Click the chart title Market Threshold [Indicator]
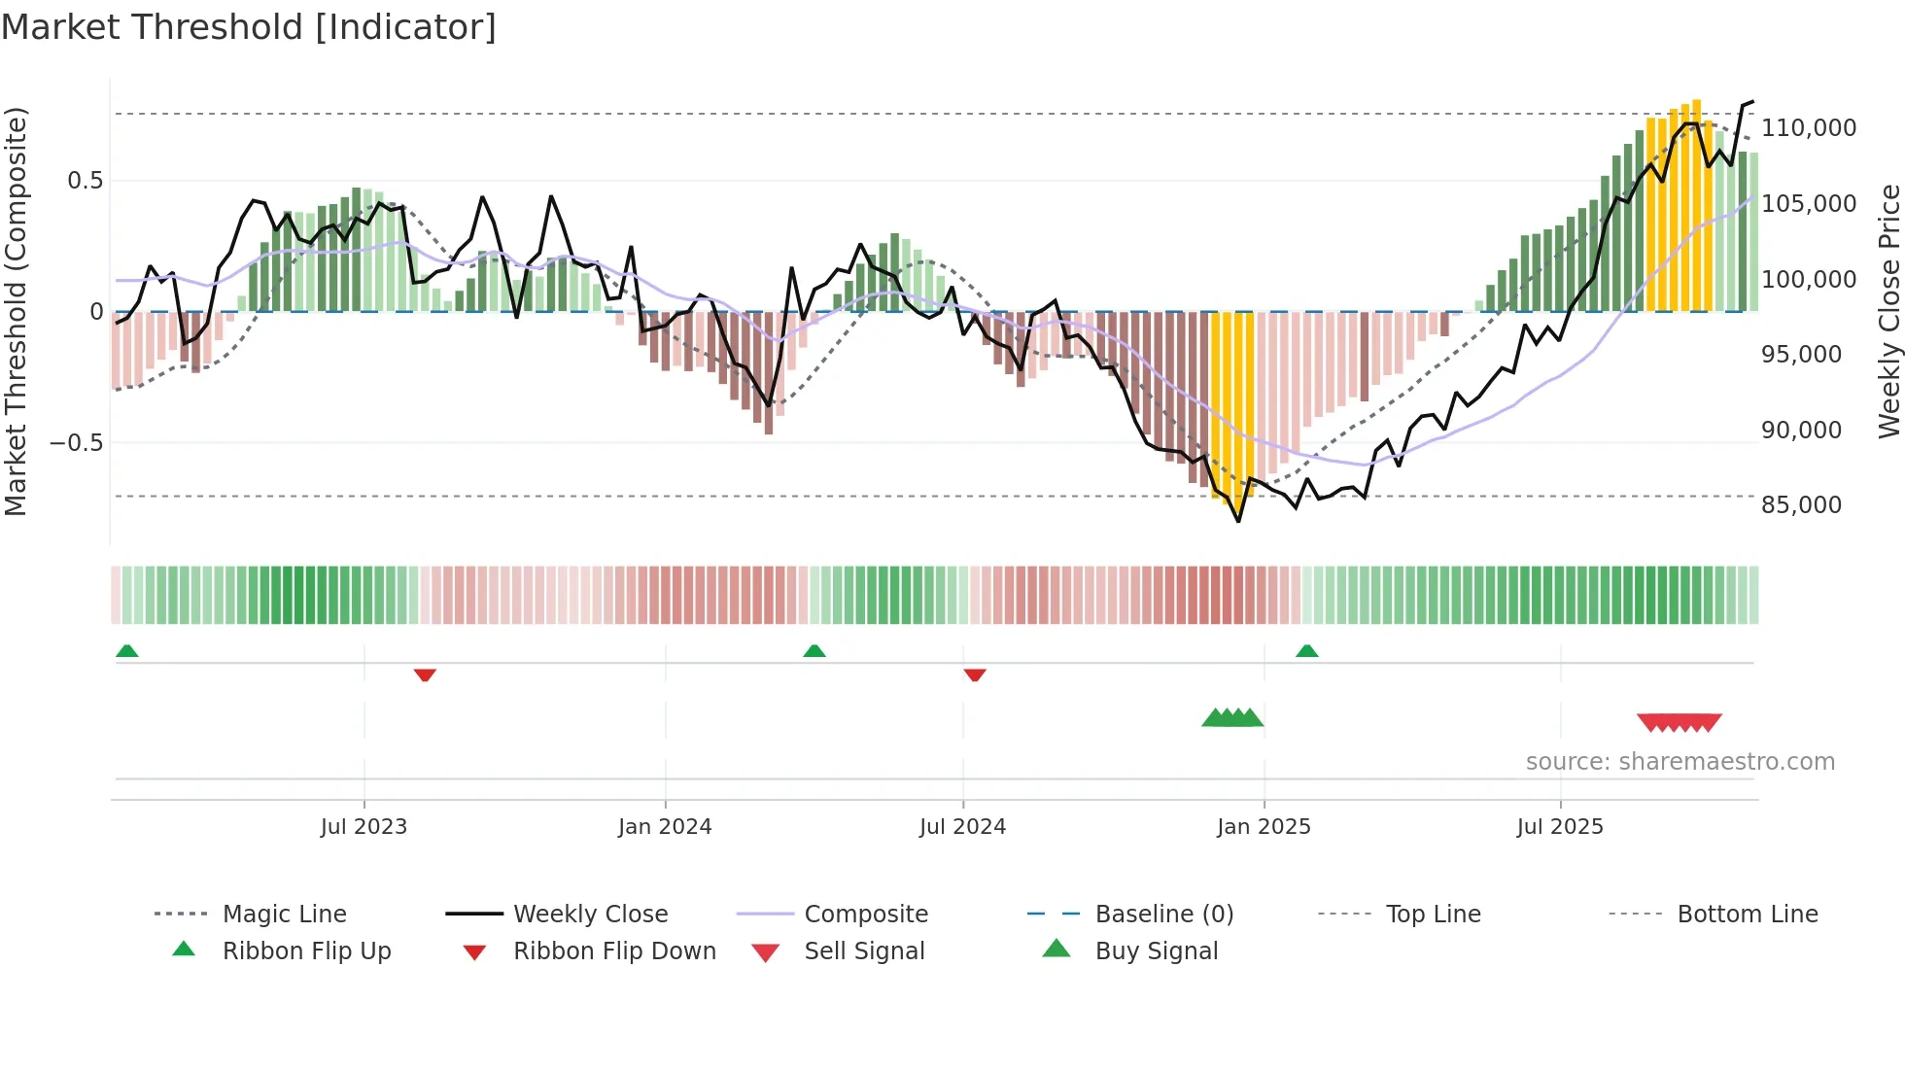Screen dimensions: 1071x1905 pyautogui.click(x=249, y=27)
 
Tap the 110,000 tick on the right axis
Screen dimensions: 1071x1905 pyautogui.click(x=1808, y=128)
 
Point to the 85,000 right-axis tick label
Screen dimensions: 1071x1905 pyautogui.click(x=1801, y=505)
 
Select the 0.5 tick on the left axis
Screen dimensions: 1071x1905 pyautogui.click(x=85, y=181)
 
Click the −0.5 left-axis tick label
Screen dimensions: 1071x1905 pyautogui.click(x=76, y=443)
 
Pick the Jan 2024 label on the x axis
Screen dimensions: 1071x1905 pyautogui.click(x=665, y=827)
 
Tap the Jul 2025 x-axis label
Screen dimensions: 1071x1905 pyautogui.click(x=1559, y=827)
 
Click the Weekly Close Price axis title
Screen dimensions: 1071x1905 pyautogui.click(x=1888, y=311)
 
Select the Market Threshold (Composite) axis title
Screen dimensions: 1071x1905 pyautogui.click(x=16, y=311)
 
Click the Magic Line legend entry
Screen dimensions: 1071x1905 pyautogui.click(x=284, y=915)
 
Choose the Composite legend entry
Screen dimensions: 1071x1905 pyautogui.click(x=865, y=915)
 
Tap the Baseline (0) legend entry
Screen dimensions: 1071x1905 pyautogui.click(x=1163, y=915)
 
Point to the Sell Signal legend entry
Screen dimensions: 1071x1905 pyautogui.click(x=863, y=951)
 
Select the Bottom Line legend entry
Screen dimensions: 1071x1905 pyautogui.click(x=1747, y=915)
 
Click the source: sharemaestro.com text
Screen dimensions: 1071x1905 pyautogui.click(x=1680, y=762)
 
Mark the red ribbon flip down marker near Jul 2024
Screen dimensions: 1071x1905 pyautogui.click(x=975, y=674)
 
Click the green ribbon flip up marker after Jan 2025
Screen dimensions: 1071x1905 pyautogui.click(x=1306, y=651)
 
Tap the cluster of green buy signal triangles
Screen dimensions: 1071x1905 pyautogui.click(x=1232, y=718)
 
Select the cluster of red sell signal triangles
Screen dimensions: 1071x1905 pyautogui.click(x=1679, y=722)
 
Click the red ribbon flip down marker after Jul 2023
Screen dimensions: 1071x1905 pyautogui.click(x=425, y=674)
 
